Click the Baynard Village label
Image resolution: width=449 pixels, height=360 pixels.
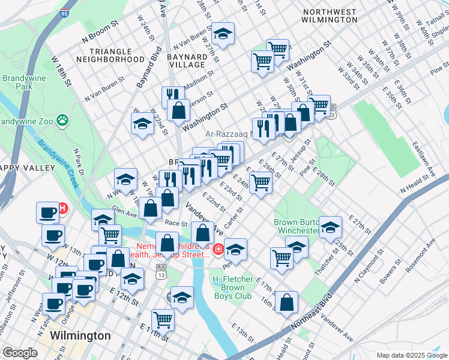coord(187,60)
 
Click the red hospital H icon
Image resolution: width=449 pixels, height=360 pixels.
coord(62,209)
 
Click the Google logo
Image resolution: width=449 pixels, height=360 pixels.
coord(20,353)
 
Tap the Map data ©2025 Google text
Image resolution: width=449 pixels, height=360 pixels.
coord(411,355)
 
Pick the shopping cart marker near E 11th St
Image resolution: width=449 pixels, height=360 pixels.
coord(163,319)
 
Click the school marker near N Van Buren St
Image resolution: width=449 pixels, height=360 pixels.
coord(223,35)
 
